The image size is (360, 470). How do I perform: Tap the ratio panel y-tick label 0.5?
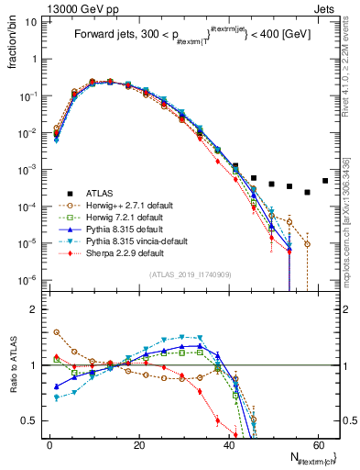coord(33,420)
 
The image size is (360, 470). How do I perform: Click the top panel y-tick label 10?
coord(35,21)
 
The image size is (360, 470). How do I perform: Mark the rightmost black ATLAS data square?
coord(325,181)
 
